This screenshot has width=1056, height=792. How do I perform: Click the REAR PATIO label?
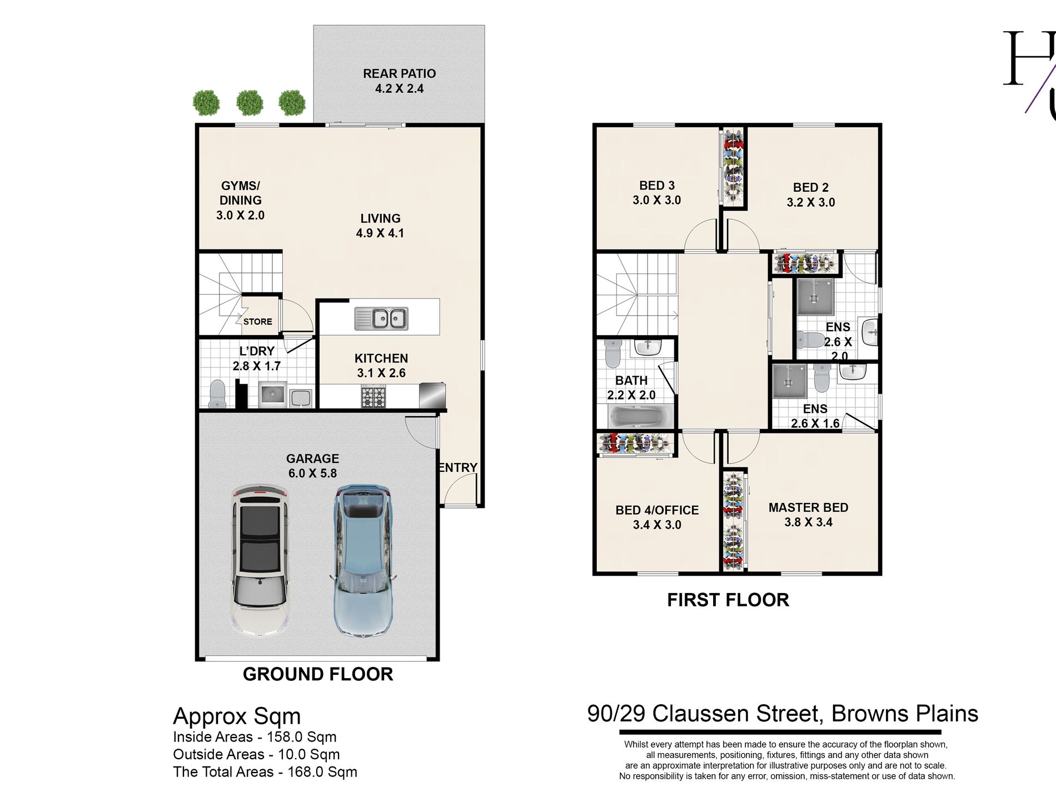click(399, 73)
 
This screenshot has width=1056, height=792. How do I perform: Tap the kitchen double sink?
click(381, 318)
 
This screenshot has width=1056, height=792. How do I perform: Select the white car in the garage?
click(260, 561)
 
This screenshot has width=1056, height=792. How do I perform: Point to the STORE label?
click(258, 322)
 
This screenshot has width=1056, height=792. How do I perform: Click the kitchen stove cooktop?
click(373, 397)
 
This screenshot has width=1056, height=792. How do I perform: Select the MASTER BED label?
click(808, 507)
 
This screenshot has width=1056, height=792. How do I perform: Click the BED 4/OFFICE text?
click(657, 510)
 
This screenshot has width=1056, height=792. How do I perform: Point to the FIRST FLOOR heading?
click(728, 600)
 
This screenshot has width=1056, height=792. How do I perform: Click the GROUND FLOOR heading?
click(318, 674)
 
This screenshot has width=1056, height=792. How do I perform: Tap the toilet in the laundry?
click(217, 393)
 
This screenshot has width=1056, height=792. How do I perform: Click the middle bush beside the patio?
click(250, 103)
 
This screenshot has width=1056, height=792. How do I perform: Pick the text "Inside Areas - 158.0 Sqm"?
click(255, 737)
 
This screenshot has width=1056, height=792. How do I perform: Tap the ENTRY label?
click(458, 468)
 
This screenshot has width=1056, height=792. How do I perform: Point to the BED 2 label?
click(811, 188)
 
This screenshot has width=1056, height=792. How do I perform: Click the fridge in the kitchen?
click(432, 395)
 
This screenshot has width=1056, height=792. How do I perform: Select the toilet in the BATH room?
click(612, 353)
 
